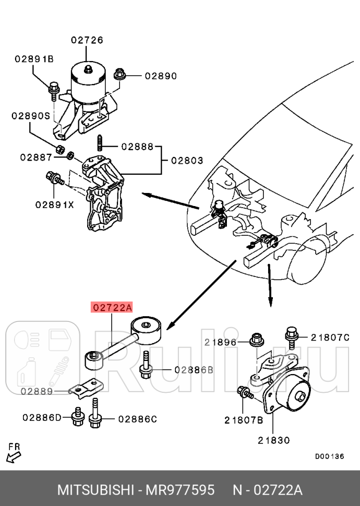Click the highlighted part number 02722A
click(112, 308)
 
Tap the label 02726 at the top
click(87, 40)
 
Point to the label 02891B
click(34, 59)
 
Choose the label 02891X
click(55, 204)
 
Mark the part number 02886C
click(137, 418)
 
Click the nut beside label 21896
click(256, 341)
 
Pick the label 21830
click(273, 440)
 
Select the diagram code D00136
click(329, 456)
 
